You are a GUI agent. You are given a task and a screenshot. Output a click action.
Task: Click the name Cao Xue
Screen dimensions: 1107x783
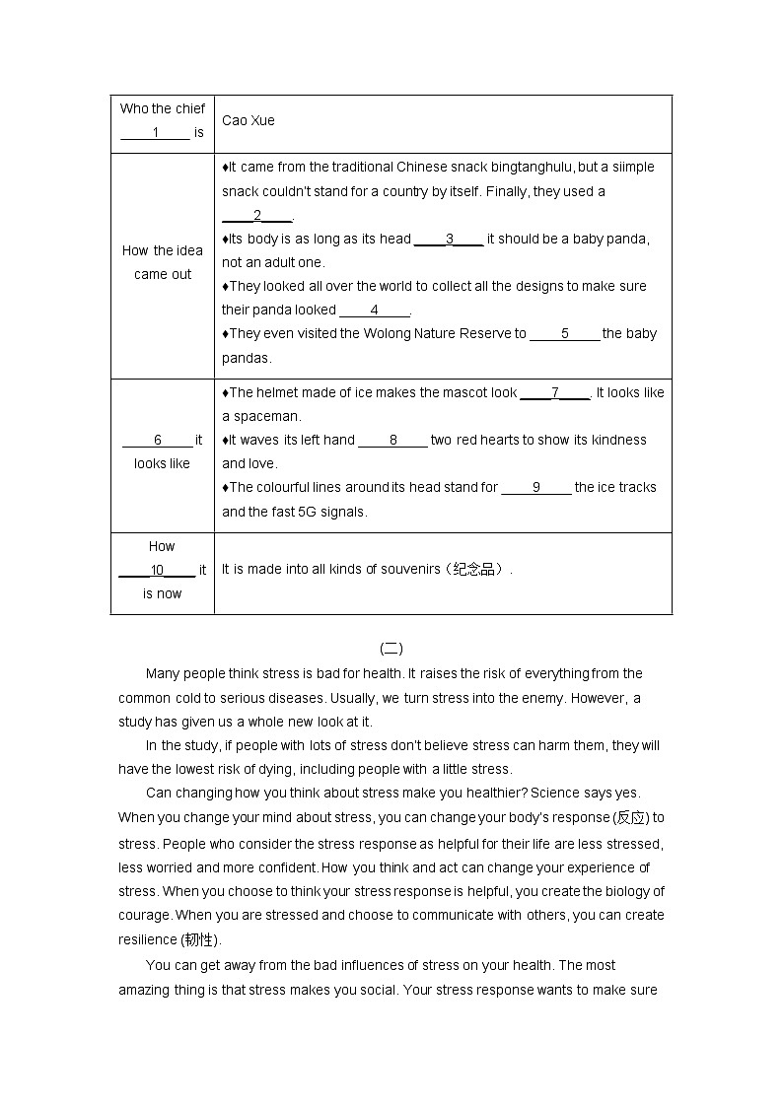(249, 120)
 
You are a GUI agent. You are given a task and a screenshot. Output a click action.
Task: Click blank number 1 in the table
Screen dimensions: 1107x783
(155, 133)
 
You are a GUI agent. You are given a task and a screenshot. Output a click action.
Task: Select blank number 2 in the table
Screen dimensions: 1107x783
(257, 216)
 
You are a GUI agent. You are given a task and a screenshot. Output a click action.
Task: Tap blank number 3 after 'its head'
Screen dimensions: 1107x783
(449, 239)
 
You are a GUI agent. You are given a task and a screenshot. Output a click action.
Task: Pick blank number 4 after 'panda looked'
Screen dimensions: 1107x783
(374, 311)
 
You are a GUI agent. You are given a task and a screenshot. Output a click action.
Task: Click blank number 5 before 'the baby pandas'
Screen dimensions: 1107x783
(564, 334)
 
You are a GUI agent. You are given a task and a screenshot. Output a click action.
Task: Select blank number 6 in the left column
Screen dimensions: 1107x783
(158, 441)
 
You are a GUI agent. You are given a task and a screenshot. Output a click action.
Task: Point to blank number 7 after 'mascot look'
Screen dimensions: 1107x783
(554, 393)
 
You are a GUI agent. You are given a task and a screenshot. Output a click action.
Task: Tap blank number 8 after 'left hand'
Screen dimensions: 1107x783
(392, 441)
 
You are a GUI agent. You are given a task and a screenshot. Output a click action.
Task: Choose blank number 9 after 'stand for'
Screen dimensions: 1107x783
(535, 488)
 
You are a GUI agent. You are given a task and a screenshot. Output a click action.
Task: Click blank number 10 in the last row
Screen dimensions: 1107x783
(157, 571)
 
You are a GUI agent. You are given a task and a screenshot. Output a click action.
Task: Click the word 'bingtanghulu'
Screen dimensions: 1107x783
(535, 168)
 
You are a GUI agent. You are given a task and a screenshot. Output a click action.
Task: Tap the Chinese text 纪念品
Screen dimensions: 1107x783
(473, 570)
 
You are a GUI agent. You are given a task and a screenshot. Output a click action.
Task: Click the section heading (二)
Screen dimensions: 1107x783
(391, 649)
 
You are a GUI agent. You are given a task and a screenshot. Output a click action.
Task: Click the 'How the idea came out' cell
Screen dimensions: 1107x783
(163, 262)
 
